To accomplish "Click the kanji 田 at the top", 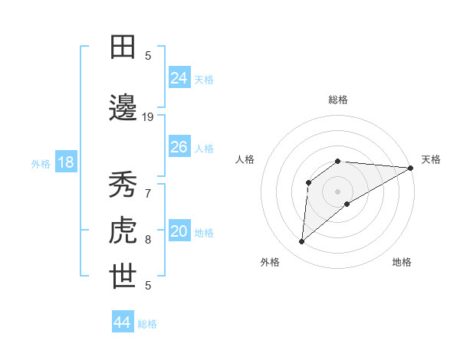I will pos(123,47).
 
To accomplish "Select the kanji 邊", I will pos(123,108).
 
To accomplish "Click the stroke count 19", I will pos(148,117).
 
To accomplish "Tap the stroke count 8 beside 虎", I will pos(148,240).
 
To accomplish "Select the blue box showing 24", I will pos(179,77).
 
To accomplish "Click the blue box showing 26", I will pos(179,147).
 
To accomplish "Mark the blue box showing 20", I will pos(179,232).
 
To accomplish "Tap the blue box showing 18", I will pos(65,163).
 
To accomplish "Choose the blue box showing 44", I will pos(123,322).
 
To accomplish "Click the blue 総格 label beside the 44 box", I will pos(147,324).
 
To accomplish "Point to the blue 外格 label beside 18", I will pos(40,164).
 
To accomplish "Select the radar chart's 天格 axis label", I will pos(431,159).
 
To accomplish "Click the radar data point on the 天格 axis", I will pos(411,168).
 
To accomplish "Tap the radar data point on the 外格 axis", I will pos(301,242).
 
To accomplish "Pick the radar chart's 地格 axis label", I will pos(402,262).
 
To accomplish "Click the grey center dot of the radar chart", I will pos(337,191).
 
